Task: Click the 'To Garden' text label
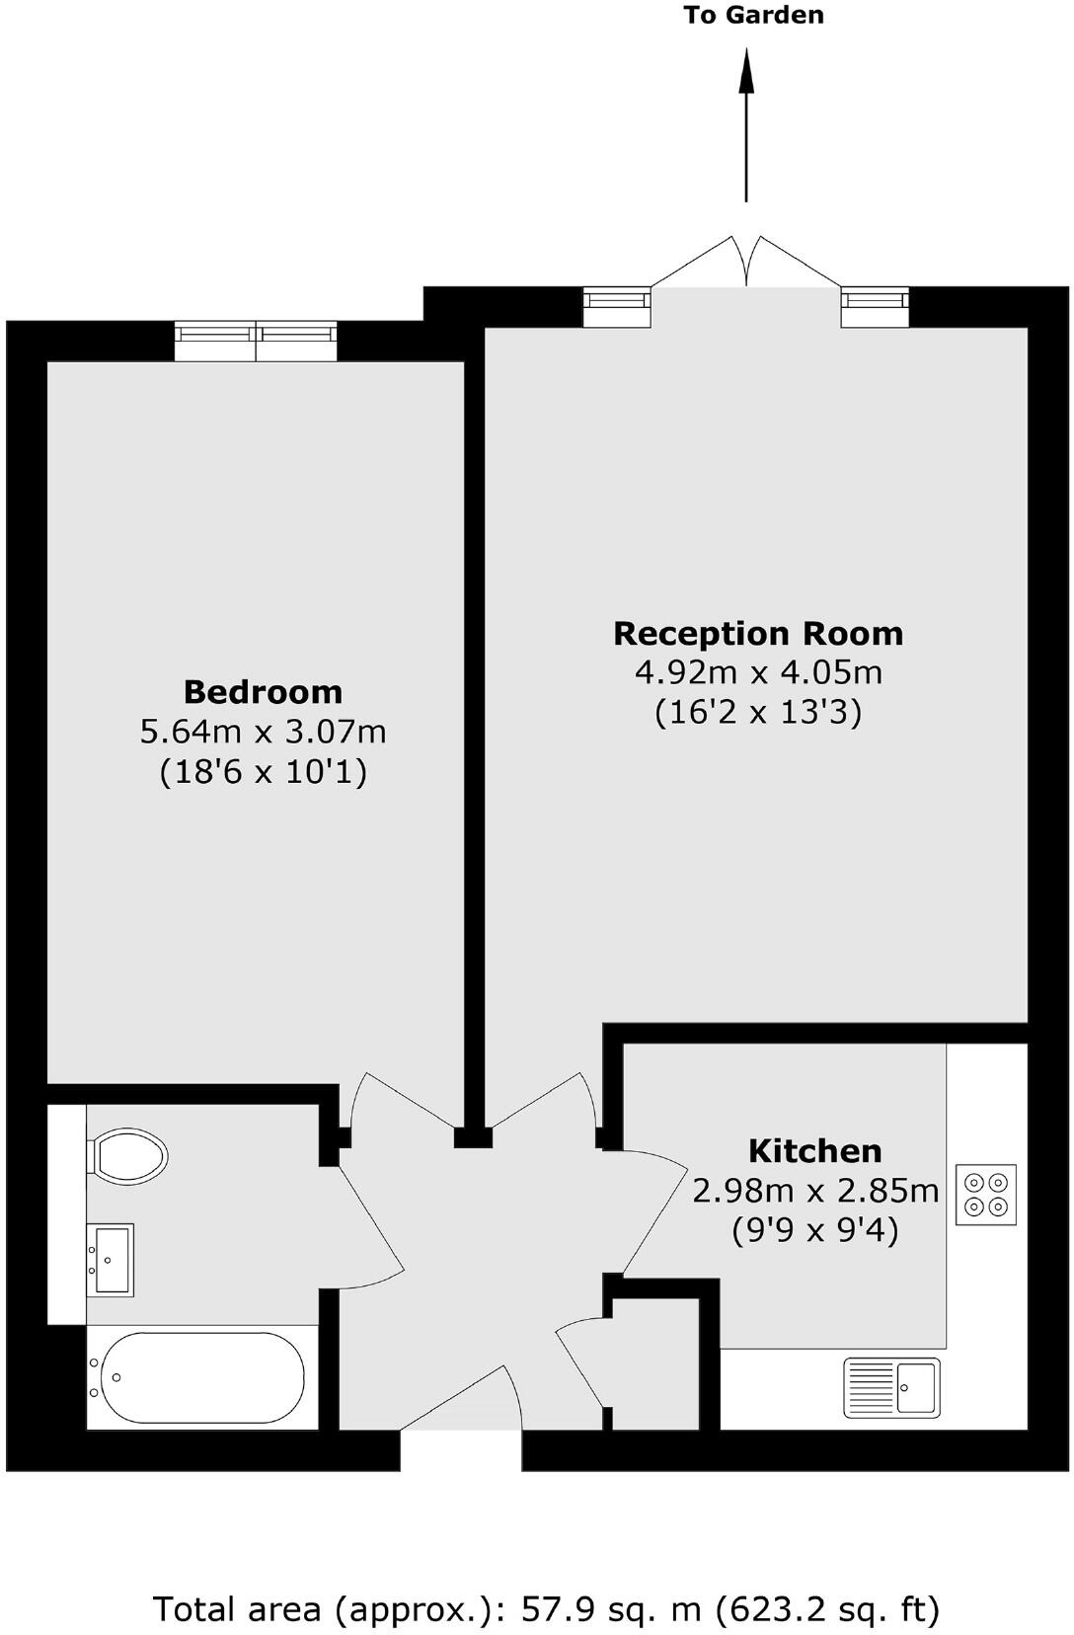coord(753,15)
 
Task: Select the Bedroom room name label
coord(263,691)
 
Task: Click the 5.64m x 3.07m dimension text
coord(263,732)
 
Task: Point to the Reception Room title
coord(758,633)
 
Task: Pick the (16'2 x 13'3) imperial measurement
coord(758,712)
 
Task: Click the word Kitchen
coord(814,1151)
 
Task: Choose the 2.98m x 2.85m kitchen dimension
coord(814,1191)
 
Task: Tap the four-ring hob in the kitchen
coord(986,1196)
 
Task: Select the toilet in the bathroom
coord(128,1154)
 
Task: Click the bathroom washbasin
coord(111,1259)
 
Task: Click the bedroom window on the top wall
coord(257,341)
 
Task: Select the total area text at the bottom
coord(546,1609)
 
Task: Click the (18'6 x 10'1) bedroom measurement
coord(263,771)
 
